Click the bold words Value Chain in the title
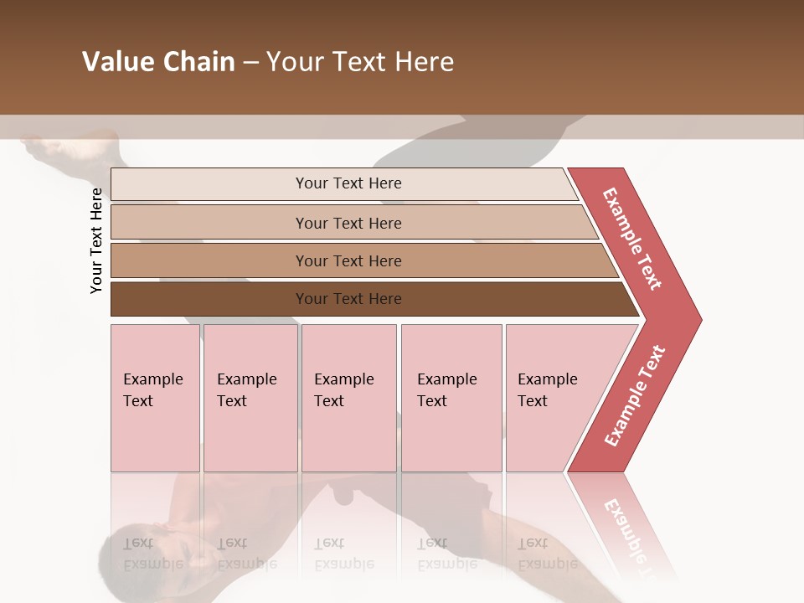point(158,62)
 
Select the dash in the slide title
point(250,62)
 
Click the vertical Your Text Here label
point(96,240)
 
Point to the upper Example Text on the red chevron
point(632,239)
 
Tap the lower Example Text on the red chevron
point(634,396)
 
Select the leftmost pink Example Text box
point(155,398)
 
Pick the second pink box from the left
point(250,398)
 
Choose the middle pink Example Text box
point(348,398)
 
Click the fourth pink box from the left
point(451,398)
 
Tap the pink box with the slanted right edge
point(553,398)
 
